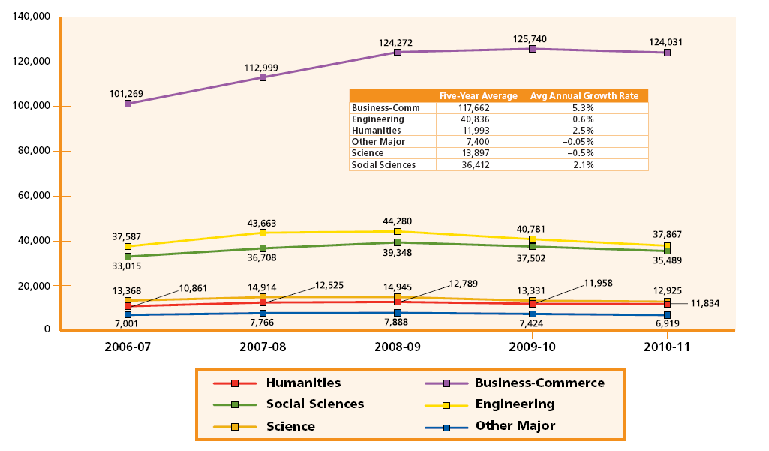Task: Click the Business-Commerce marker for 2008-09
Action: [x=398, y=53]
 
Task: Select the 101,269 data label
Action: [x=126, y=94]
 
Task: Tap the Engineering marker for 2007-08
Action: [x=262, y=233]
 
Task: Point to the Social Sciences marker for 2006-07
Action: [x=128, y=257]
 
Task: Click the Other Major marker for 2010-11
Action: [x=667, y=315]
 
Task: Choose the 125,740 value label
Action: [x=532, y=37]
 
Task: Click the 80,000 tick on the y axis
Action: [x=32, y=151]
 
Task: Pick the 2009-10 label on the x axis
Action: [x=532, y=347]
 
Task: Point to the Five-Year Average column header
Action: [x=478, y=96]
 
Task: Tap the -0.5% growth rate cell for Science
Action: [x=584, y=153]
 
